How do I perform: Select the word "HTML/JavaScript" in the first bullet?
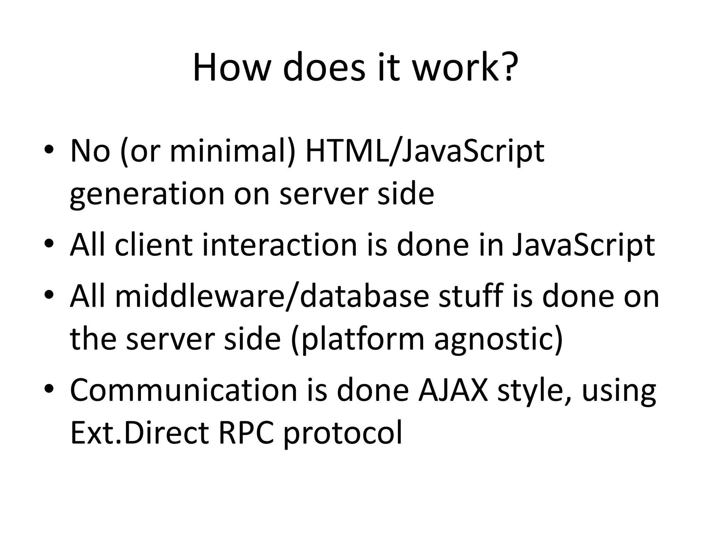[424, 152]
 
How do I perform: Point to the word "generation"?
[147, 195]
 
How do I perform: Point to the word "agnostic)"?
[498, 339]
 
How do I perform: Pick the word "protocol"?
[343, 433]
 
